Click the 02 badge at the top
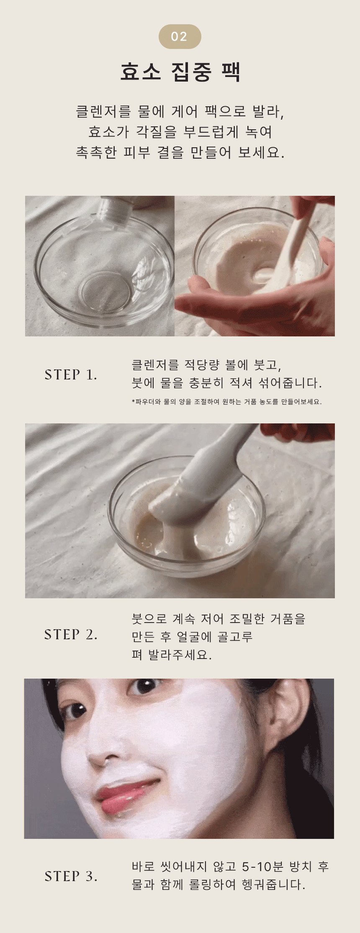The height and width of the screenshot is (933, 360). point(180,36)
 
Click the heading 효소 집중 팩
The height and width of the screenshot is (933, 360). point(180,72)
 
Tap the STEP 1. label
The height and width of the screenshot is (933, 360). point(71,375)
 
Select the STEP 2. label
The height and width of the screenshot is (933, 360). point(71,635)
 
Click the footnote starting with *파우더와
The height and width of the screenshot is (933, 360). point(226,402)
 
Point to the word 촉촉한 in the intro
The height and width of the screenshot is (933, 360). point(96,152)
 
